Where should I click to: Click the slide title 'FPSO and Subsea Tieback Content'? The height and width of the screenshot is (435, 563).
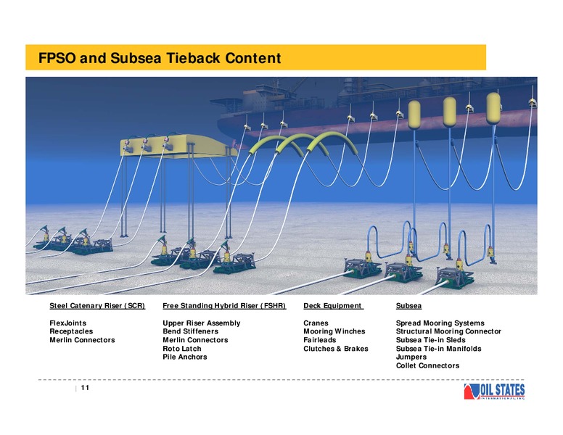pyautogui.click(x=160, y=58)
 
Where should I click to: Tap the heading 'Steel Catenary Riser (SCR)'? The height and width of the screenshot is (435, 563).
pyautogui.click(x=97, y=306)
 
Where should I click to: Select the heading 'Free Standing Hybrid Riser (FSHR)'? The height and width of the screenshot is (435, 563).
pyautogui.click(x=224, y=306)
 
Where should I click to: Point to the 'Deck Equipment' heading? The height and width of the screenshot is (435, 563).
pyautogui.click(x=332, y=306)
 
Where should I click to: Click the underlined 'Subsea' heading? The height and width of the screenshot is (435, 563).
pyautogui.click(x=408, y=306)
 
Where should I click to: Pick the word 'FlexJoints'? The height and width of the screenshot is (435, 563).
pyautogui.click(x=68, y=323)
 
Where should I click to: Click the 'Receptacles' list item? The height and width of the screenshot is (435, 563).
pyautogui.click(x=71, y=331)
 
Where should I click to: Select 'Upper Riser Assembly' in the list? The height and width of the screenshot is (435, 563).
pyautogui.click(x=202, y=323)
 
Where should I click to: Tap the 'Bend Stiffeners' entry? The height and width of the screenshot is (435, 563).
pyautogui.click(x=190, y=331)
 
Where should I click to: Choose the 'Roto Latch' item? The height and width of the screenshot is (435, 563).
pyautogui.click(x=181, y=349)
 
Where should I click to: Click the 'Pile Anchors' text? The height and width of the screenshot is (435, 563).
pyautogui.click(x=184, y=357)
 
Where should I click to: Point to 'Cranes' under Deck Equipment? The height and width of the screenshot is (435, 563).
pyautogui.click(x=316, y=323)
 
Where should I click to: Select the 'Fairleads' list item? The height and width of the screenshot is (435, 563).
pyautogui.click(x=319, y=340)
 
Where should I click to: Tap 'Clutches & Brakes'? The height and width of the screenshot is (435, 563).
pyautogui.click(x=336, y=349)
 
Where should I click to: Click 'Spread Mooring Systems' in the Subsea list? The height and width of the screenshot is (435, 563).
pyautogui.click(x=440, y=323)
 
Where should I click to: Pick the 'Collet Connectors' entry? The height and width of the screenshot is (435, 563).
pyautogui.click(x=427, y=365)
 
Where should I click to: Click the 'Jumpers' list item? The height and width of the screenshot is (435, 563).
pyautogui.click(x=411, y=357)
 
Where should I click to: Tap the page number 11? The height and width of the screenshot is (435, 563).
pyautogui.click(x=85, y=388)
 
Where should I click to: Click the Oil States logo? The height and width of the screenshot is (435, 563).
pyautogui.click(x=494, y=391)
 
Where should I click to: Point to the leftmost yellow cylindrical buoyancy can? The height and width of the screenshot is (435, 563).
pyautogui.click(x=414, y=115)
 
